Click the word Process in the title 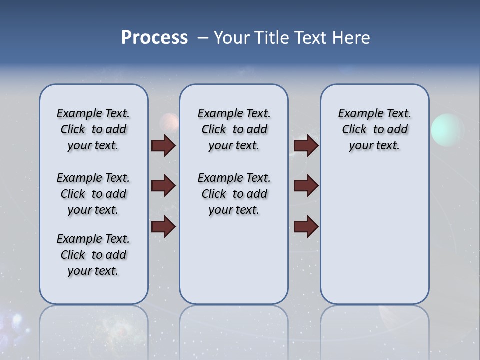pyautogui.click(x=154, y=38)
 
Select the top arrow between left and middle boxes pyautogui.click(x=163, y=146)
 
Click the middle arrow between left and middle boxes pyautogui.click(x=163, y=186)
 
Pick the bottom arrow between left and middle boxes pyautogui.click(x=163, y=227)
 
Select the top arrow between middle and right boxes pyautogui.click(x=306, y=146)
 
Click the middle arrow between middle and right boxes pyautogui.click(x=306, y=186)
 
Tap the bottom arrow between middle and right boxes pyautogui.click(x=306, y=227)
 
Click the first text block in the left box pyautogui.click(x=93, y=129)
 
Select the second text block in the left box pyautogui.click(x=93, y=194)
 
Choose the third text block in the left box pyautogui.click(x=93, y=255)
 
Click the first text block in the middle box pyautogui.click(x=234, y=129)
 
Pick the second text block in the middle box pyautogui.click(x=234, y=194)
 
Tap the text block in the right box pyautogui.click(x=375, y=129)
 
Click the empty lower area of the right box pyautogui.click(x=375, y=240)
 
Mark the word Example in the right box pyautogui.click(x=357, y=114)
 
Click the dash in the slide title pyautogui.click(x=202, y=38)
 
